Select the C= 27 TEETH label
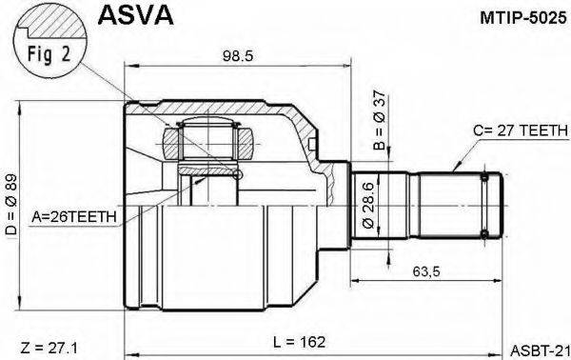512,131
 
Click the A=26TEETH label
75,216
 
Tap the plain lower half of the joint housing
219,257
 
